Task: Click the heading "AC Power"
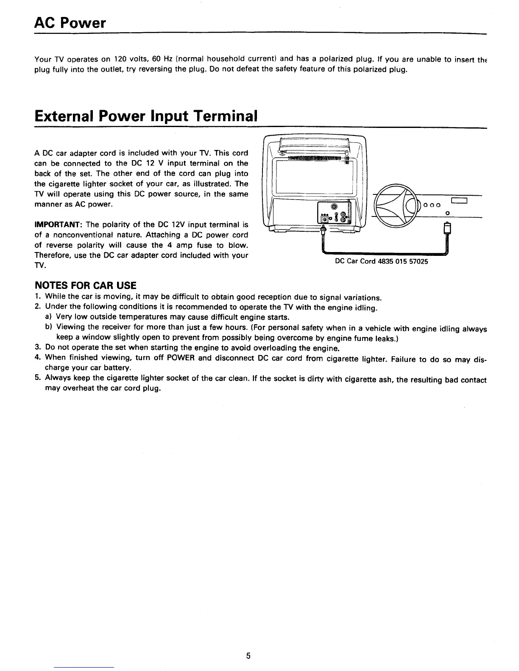tap(70, 23)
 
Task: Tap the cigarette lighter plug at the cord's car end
tap(446, 229)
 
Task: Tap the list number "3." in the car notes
tap(37, 348)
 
